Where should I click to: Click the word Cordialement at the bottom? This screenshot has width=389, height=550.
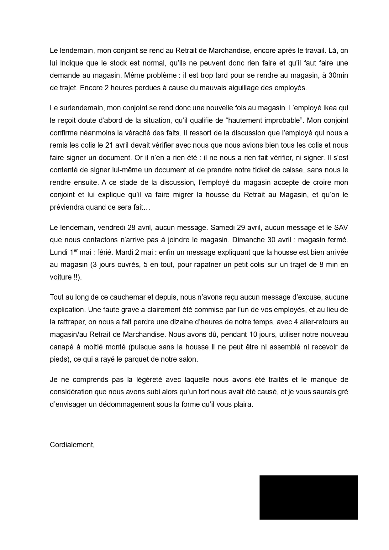[x=72, y=445]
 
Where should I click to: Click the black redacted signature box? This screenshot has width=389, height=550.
[x=308, y=497]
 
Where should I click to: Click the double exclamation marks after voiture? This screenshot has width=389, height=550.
[x=76, y=277]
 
